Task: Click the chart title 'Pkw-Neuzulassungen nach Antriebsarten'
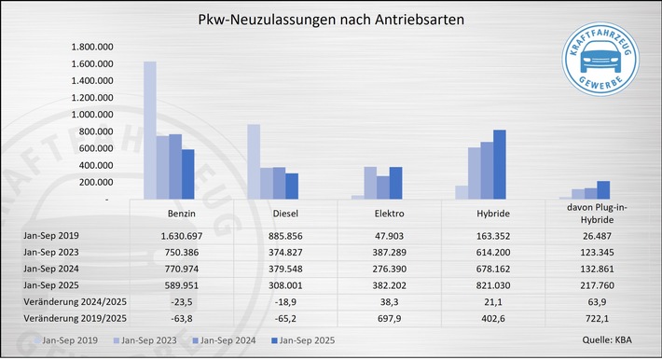pos(330,19)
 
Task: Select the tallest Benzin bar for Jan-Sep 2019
pos(149,130)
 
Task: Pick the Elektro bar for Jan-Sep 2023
pos(370,183)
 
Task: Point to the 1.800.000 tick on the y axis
pos(92,47)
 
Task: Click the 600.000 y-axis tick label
pos(97,148)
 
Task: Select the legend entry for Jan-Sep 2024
pos(229,341)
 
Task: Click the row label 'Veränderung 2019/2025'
pos(66,320)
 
